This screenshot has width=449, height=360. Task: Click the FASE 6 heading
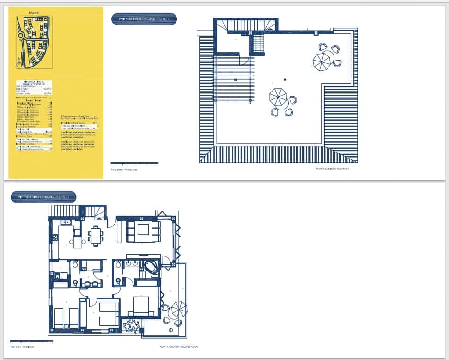33,12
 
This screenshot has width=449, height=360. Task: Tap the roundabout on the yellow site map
20,35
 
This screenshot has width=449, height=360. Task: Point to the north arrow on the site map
18,60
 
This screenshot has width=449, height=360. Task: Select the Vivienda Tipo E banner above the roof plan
144,19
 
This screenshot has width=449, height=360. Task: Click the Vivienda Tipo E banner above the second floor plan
43,197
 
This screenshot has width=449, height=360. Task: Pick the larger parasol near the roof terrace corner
322,61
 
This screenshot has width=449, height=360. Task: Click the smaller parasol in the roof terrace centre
278,98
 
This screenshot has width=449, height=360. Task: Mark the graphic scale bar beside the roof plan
134,163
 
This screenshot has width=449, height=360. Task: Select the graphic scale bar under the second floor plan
31,341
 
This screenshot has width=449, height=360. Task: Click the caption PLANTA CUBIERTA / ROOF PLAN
332,169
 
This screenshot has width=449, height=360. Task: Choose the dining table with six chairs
96,235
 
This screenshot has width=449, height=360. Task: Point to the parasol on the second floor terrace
179,309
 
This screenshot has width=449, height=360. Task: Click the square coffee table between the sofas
143,230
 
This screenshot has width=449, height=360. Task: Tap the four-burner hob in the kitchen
55,238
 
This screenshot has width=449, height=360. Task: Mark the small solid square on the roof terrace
285,79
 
